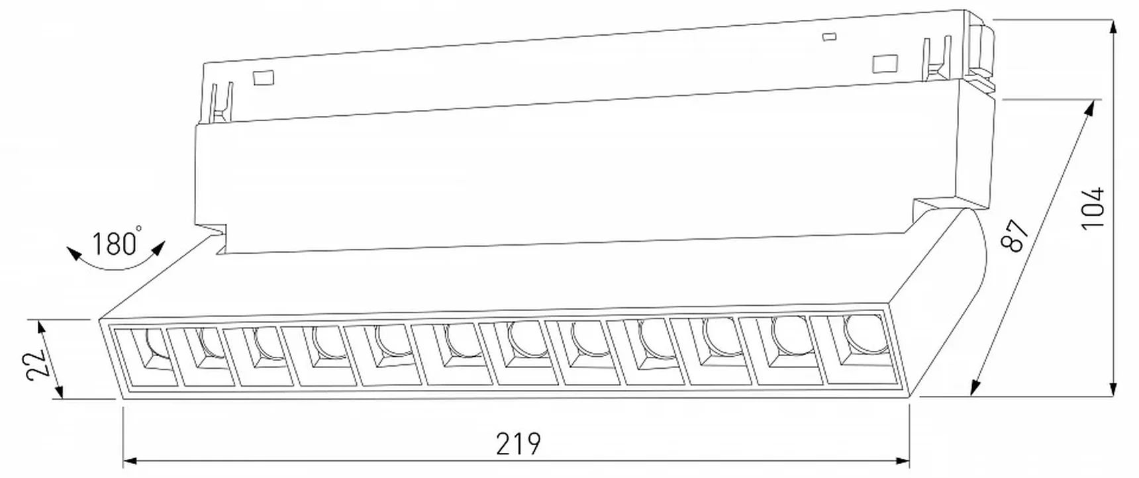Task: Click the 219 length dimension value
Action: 519,444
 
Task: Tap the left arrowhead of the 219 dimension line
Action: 130,460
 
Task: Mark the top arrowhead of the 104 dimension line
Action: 1114,28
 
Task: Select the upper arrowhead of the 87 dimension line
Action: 1090,107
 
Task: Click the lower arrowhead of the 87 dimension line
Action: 975,388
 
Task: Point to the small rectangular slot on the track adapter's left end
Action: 264,77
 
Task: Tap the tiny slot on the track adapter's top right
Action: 826,37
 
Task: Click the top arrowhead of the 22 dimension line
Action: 41,327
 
